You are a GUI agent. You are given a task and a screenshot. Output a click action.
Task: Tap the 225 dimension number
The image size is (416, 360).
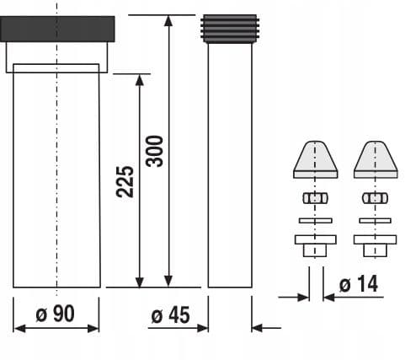pyautogui.click(x=125, y=180)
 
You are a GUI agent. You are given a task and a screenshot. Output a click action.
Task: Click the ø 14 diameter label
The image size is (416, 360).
pyautogui.click(x=358, y=284)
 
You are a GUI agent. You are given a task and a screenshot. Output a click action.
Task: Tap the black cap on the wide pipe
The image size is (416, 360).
pyautogui.click(x=56, y=30)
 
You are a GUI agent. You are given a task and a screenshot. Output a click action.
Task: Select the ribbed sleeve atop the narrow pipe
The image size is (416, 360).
pyautogui.click(x=230, y=28)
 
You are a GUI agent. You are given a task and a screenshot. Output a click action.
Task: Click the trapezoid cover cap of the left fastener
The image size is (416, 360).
pyautogui.click(x=316, y=158)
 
